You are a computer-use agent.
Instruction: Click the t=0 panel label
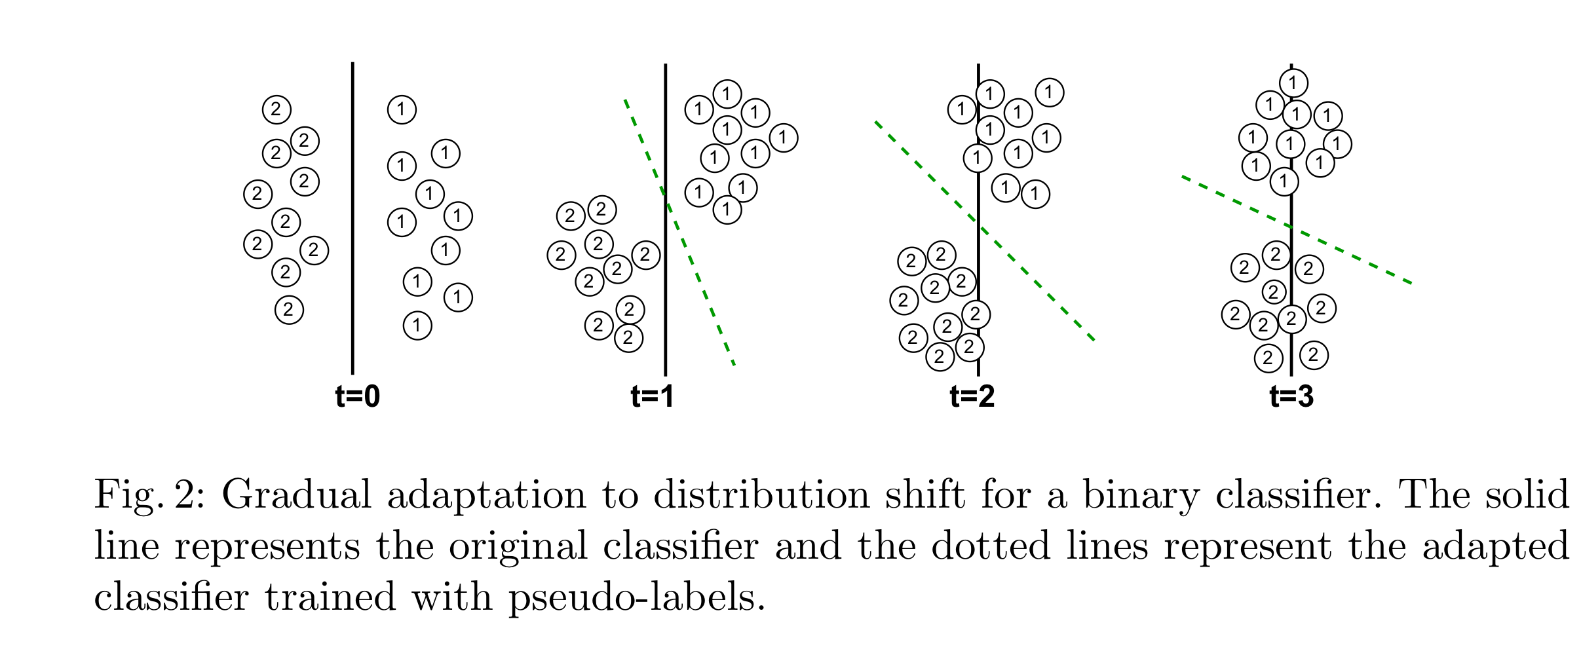357,397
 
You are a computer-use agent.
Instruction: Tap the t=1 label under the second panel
652,397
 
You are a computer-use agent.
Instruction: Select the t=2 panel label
972,397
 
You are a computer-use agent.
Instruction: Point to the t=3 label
1291,397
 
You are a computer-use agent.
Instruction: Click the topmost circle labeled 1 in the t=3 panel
1293,83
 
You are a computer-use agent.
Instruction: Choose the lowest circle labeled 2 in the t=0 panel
289,309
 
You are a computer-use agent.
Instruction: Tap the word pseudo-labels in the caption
637,598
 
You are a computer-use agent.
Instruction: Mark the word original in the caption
518,548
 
